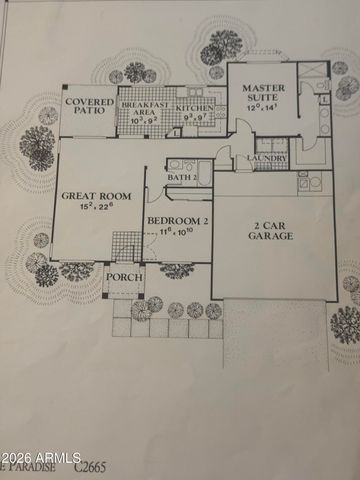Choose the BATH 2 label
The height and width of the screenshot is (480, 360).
181,177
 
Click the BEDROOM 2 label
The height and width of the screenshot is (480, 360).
176,219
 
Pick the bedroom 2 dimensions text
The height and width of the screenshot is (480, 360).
177,232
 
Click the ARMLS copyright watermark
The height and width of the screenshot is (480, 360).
40,458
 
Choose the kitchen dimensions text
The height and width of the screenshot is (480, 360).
193,118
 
